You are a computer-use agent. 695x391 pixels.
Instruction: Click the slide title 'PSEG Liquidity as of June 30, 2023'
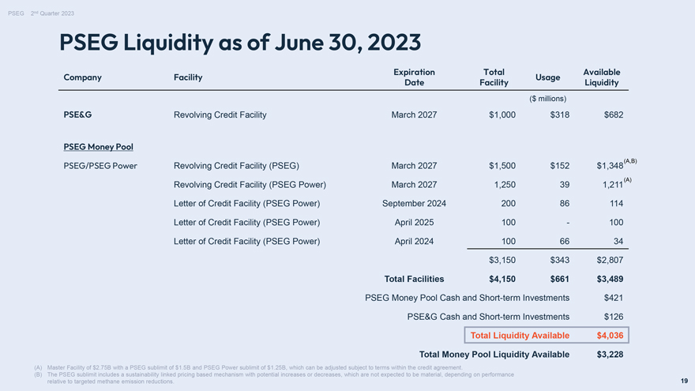click(x=240, y=43)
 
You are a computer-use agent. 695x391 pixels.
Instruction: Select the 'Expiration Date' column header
click(x=414, y=77)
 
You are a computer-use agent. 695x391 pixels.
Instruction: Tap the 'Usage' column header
click(x=547, y=77)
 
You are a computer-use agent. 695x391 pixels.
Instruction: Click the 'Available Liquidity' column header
click(x=602, y=77)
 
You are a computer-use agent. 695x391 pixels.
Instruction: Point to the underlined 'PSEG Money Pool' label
click(x=98, y=147)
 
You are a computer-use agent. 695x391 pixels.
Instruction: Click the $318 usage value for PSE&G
click(x=559, y=115)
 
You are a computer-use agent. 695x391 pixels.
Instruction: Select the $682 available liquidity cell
click(x=614, y=115)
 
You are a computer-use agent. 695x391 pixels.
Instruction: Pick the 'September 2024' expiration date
click(x=414, y=204)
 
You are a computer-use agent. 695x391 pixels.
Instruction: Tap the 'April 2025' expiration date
click(x=414, y=223)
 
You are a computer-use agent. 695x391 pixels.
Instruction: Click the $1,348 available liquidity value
click(x=610, y=166)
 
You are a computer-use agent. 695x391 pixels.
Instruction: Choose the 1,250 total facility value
click(x=505, y=185)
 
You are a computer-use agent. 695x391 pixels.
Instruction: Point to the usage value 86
click(x=564, y=204)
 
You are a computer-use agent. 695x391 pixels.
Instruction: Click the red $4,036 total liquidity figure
click(x=610, y=336)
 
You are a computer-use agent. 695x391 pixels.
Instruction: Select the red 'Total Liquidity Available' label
click(x=520, y=336)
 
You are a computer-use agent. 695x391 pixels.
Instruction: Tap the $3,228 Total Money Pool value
click(x=610, y=355)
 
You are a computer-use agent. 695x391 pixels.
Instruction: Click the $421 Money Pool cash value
click(x=614, y=298)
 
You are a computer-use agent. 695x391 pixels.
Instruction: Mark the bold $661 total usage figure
click(x=559, y=280)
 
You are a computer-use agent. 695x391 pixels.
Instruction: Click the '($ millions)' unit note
click(x=547, y=99)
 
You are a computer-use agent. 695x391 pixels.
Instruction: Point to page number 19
click(x=685, y=381)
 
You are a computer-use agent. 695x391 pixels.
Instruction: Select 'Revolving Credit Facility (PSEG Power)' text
click(x=250, y=185)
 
